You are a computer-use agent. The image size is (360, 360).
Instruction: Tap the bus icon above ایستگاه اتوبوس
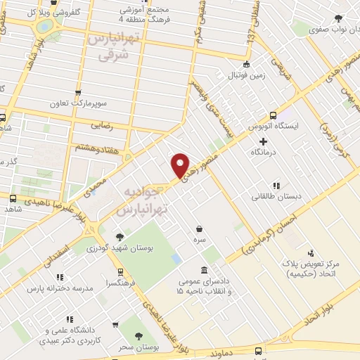[273, 115]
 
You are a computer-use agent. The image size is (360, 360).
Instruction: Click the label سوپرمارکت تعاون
[77, 103]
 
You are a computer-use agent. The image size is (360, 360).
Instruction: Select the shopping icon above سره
[200, 229]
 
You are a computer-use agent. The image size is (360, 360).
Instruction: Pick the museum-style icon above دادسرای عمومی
[203, 271]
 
